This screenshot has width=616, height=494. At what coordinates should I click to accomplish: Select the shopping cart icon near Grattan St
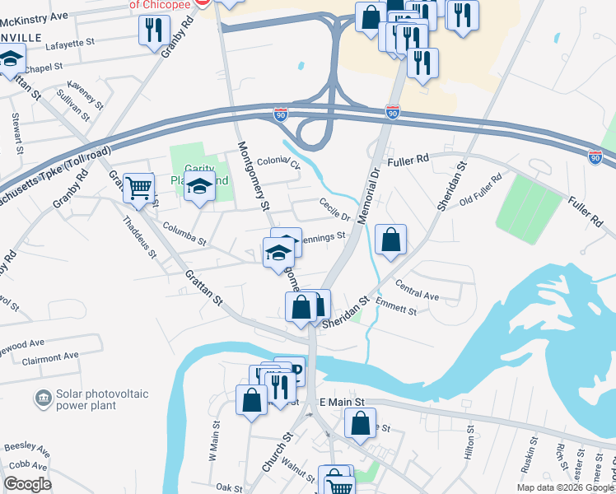click(x=138, y=189)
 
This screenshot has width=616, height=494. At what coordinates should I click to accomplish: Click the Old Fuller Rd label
click(x=481, y=189)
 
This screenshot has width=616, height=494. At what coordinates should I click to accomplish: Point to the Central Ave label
click(x=418, y=290)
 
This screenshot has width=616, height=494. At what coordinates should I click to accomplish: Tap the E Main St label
click(x=342, y=401)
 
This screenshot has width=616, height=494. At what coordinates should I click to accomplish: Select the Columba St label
click(x=184, y=233)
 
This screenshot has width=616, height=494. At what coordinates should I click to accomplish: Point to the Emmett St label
click(x=395, y=308)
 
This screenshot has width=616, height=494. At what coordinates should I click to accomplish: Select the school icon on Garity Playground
click(x=198, y=189)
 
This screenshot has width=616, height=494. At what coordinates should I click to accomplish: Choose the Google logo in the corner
click(x=27, y=483)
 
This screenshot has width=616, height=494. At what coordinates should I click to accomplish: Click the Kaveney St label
click(x=86, y=93)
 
